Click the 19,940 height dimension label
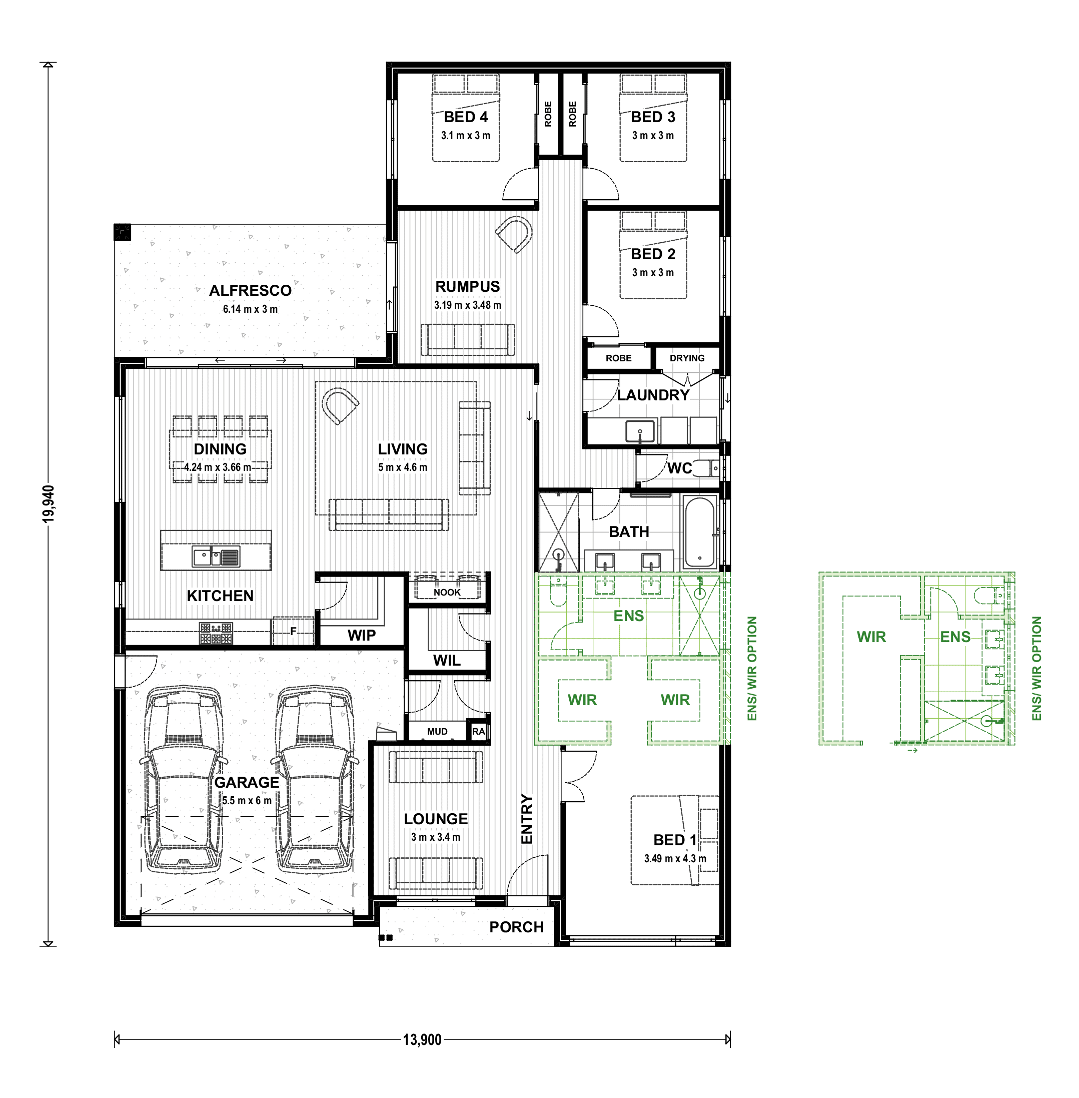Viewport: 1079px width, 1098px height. tap(49, 504)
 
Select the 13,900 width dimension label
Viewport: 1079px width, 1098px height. tap(422, 1039)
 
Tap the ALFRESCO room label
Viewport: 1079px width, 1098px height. tap(251, 291)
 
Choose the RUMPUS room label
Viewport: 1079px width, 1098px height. tap(468, 287)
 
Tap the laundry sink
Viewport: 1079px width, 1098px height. tap(640, 431)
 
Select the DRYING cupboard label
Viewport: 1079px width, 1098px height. tap(687, 358)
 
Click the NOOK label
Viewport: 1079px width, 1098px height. tap(447, 593)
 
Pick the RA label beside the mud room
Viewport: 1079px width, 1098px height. tap(478, 732)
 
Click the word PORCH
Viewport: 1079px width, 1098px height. tap(516, 927)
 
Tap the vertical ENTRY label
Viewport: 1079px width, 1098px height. tap(527, 819)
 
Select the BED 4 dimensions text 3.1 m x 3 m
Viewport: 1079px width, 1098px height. tap(466, 136)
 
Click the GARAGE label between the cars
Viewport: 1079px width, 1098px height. tap(247, 782)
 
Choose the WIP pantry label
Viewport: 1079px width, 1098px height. tap(362, 635)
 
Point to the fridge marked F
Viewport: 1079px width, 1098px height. tap(293, 631)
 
